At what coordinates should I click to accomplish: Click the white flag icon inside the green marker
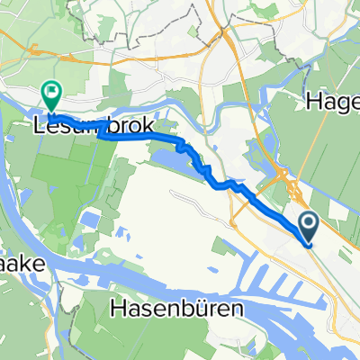click(x=51, y=90)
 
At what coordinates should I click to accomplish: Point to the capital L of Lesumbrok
click(x=40, y=124)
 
